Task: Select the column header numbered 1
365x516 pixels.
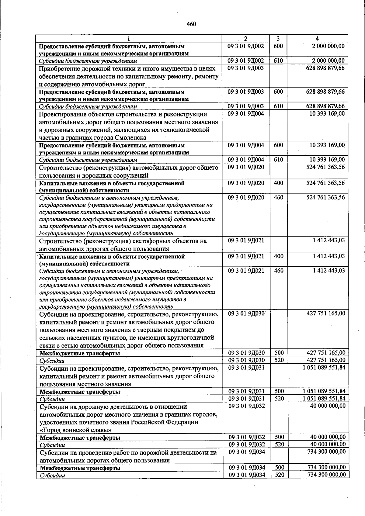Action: click(129, 39)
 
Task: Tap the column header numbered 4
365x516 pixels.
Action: click(317, 39)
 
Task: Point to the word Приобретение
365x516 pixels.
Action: click(59, 68)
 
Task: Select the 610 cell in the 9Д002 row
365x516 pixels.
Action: click(278, 61)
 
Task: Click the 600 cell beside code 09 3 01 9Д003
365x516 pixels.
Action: click(278, 92)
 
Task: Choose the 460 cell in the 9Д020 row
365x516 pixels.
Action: click(278, 198)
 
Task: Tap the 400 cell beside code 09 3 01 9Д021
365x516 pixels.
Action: click(278, 256)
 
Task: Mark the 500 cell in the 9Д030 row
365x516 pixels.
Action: click(279, 353)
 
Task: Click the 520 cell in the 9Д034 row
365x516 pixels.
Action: click(279, 475)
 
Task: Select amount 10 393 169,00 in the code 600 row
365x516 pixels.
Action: click(327, 145)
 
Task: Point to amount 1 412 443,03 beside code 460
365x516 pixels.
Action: click(329, 271)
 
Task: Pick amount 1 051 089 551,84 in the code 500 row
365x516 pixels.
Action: click(324, 391)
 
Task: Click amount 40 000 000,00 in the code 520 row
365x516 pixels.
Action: click(328, 444)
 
